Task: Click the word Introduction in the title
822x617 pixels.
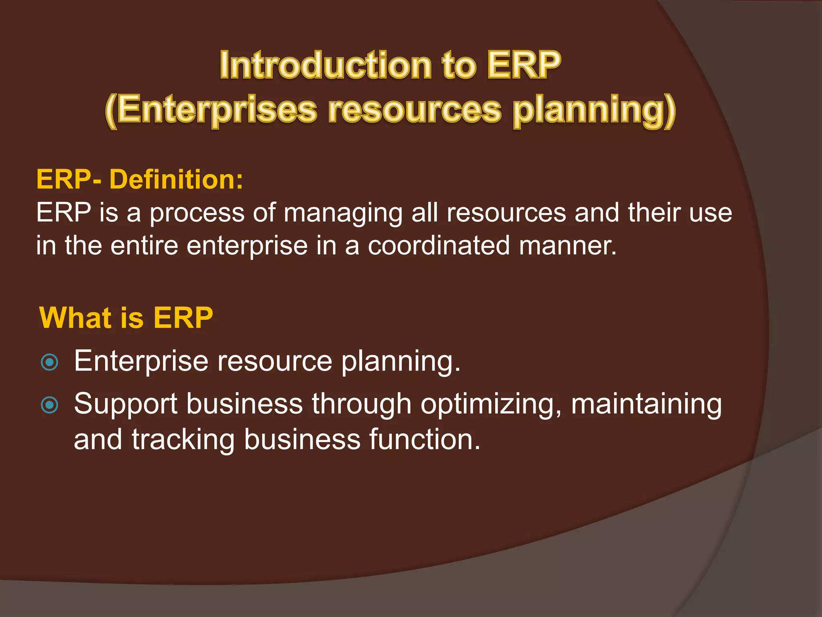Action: point(326,65)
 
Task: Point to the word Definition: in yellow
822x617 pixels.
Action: point(176,179)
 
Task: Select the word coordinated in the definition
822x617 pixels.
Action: point(439,245)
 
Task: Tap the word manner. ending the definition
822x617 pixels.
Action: point(568,245)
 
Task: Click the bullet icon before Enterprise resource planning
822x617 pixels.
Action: point(50,362)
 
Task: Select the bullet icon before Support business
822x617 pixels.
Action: point(50,405)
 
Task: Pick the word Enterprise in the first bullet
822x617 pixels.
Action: point(141,361)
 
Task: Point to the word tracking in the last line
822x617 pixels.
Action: point(183,439)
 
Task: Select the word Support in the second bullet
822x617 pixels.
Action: point(126,405)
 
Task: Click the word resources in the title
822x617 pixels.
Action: point(415,110)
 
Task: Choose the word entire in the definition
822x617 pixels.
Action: point(144,245)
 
